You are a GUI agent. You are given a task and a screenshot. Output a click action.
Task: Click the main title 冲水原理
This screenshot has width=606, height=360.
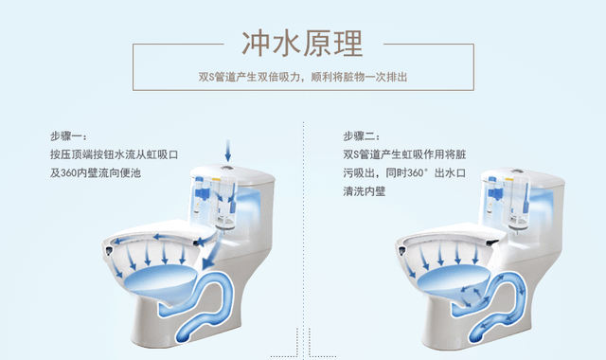303,42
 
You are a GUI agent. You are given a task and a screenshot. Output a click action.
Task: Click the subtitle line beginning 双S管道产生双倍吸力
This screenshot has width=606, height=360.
303,77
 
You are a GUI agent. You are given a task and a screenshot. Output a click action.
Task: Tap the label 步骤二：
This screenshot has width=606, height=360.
362,135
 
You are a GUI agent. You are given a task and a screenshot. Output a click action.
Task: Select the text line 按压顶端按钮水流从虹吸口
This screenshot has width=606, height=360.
114,153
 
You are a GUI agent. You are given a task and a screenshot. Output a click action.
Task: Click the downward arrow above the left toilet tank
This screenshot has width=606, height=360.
227,150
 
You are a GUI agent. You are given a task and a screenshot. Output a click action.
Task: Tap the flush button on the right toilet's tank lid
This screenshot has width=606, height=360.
512,173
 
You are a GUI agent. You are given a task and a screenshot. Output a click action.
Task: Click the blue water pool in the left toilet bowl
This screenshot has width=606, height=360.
156,279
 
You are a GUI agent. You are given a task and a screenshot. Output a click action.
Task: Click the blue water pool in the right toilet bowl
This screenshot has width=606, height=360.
450,279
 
